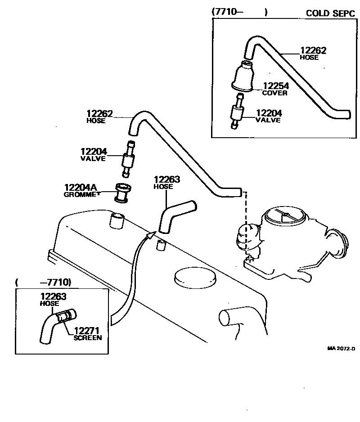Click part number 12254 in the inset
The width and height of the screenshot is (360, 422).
coord(276,86)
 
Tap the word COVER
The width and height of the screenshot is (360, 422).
coord(274,93)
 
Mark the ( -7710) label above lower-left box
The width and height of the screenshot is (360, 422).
coord(43,282)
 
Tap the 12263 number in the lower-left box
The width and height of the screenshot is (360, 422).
coord(54,296)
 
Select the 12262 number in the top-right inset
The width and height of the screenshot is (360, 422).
coord(313,51)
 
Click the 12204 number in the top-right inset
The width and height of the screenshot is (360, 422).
coord(269,113)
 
